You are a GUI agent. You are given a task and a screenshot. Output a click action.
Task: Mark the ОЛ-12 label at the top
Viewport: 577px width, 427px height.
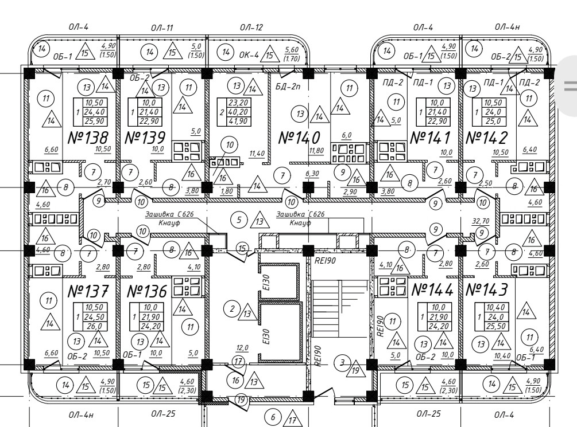pyautogui.click(x=251, y=28)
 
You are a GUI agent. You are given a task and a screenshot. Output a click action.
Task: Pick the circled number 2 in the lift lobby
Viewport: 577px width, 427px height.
pyautogui.click(x=232, y=310)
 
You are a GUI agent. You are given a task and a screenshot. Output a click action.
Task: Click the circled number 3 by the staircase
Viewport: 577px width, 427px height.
pyautogui.click(x=342, y=363)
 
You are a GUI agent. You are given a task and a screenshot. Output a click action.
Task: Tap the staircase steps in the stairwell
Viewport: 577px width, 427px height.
pyautogui.click(x=340, y=304)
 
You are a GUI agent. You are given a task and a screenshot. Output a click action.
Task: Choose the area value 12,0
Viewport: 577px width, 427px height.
pyautogui.click(x=242, y=348)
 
